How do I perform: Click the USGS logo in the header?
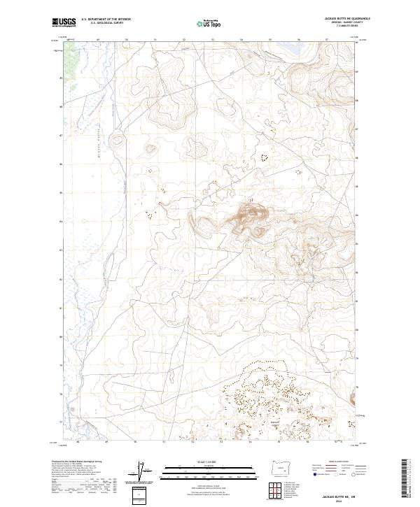point(64,23)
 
